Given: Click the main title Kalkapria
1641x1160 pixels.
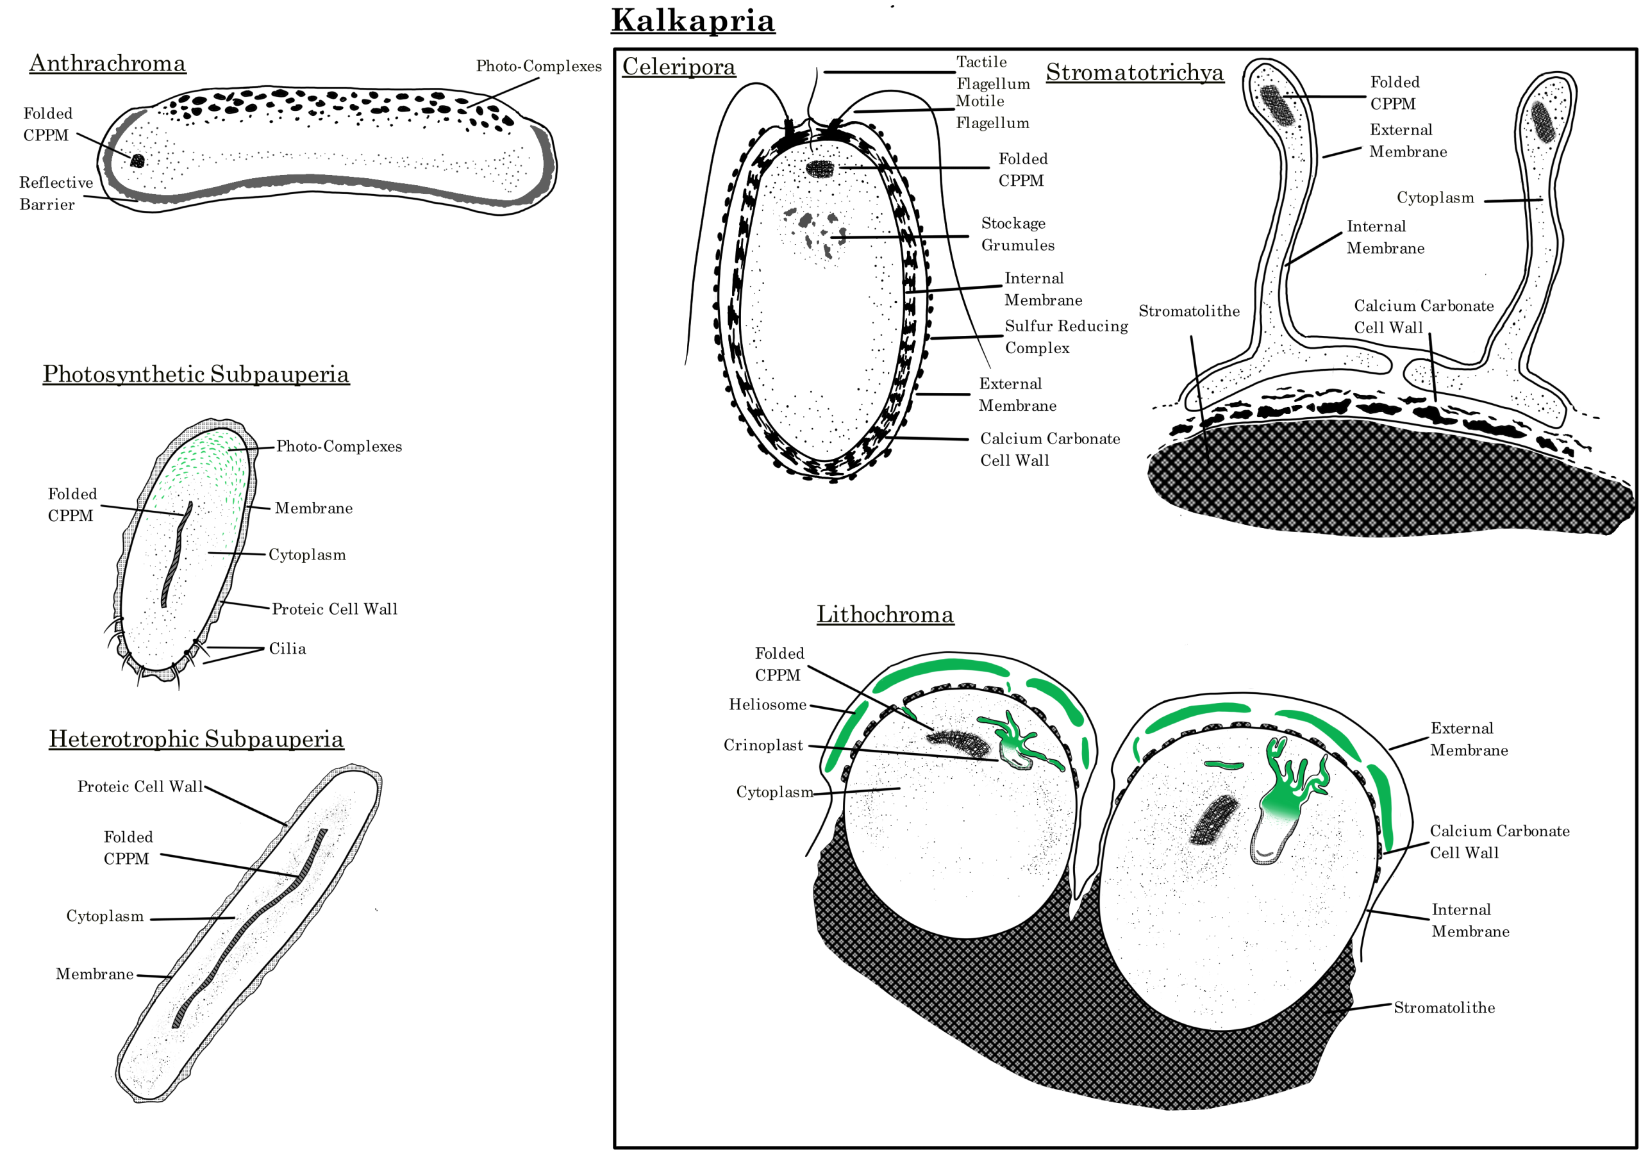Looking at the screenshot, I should [692, 20].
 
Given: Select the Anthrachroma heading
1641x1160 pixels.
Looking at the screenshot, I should [107, 63].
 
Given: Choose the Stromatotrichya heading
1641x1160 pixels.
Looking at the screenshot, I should [1134, 72].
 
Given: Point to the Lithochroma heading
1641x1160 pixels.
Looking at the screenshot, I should [885, 614].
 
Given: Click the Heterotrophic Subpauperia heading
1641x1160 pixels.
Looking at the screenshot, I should [196, 738].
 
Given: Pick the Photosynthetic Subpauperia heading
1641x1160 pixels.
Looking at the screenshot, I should [196, 374].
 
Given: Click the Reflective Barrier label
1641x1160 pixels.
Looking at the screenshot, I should [55, 193].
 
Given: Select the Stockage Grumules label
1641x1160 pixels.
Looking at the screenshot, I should [1017, 235].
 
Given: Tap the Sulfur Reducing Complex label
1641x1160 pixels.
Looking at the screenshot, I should [1065, 336].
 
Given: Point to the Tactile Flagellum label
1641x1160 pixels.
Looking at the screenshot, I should [993, 72].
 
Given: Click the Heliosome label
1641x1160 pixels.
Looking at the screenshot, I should [767, 705].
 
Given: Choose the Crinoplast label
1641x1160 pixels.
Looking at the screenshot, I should [763, 745].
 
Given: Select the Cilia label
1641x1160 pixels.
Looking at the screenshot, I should [287, 649].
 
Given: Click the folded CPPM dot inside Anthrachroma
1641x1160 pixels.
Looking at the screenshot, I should [137, 160].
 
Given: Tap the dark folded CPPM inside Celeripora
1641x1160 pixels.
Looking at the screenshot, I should [820, 169].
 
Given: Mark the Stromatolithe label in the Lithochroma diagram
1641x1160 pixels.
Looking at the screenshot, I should [1444, 1007].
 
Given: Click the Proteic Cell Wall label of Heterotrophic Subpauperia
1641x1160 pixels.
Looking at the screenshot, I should [140, 787].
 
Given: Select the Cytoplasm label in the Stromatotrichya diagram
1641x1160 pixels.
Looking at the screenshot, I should [1435, 198].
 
